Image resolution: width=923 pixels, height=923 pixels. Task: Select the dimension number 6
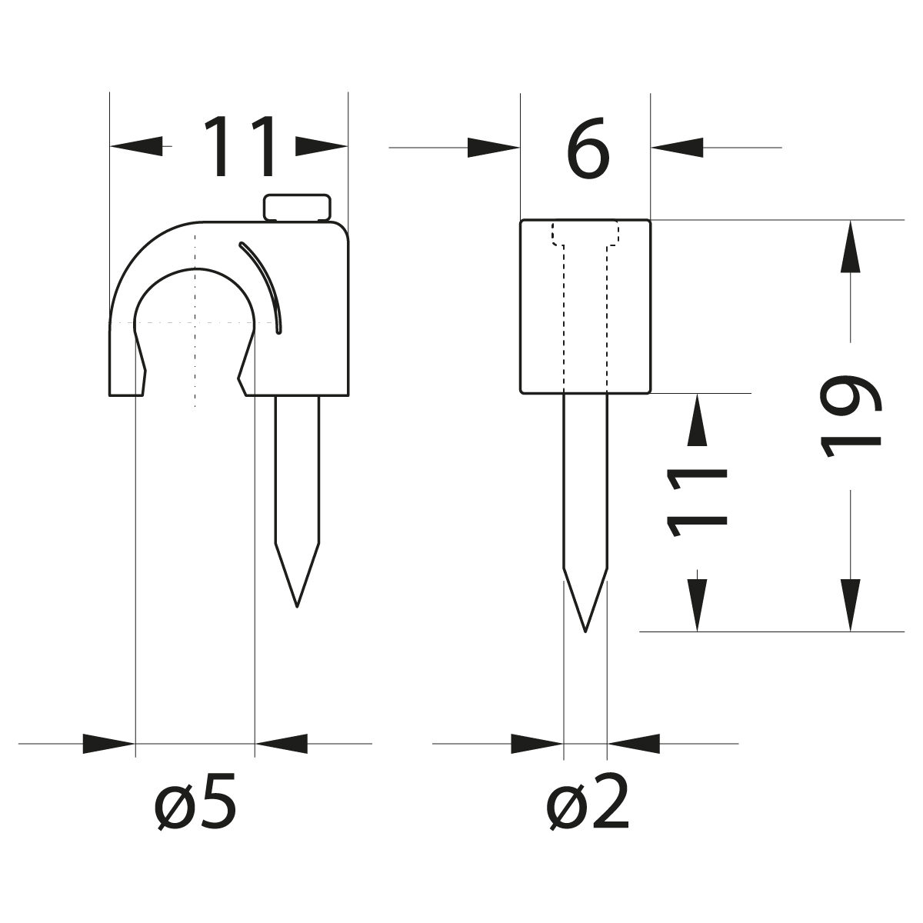(x=588, y=148)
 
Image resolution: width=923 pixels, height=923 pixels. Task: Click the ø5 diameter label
(x=195, y=804)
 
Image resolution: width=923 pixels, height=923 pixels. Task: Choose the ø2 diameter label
(x=588, y=804)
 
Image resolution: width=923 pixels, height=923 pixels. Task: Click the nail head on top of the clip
(x=298, y=208)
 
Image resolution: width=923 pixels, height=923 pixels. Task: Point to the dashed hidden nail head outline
(x=585, y=234)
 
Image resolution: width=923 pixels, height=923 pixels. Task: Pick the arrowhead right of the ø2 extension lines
(x=634, y=744)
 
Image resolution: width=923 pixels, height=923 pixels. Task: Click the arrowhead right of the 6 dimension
(x=677, y=146)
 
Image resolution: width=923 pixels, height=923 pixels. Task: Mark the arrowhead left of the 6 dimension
(x=493, y=146)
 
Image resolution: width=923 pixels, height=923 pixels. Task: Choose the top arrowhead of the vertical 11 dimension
(x=697, y=419)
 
